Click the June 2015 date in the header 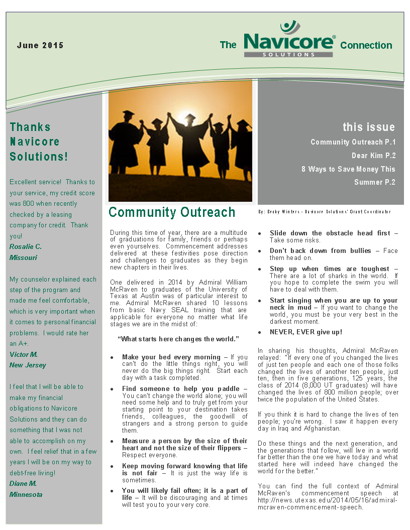pos(40,45)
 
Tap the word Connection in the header pos(366,45)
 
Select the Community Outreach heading pos(172,212)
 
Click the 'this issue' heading pos(369,127)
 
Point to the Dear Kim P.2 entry pos(373,156)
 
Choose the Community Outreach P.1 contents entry pos(353,142)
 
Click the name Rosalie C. pos(26,246)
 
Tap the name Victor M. pos(23,354)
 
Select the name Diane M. pos(23,483)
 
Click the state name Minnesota pos(26,494)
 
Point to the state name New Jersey pos(28,365)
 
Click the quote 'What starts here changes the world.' pos(178,339)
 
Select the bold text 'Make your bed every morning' pos(171,357)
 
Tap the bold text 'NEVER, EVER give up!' pos(306,332)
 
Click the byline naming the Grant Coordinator pos(324,212)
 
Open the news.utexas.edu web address pos(328,500)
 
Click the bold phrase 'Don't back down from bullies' pos(321,250)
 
